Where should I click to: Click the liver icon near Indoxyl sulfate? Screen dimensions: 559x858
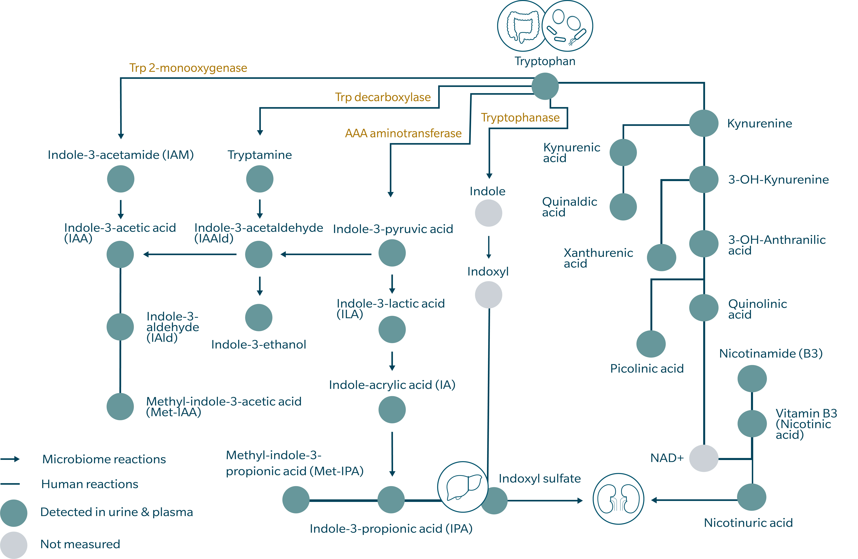click(463, 487)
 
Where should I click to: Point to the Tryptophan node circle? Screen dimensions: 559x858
click(545, 86)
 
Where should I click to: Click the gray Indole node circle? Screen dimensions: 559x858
click(488, 213)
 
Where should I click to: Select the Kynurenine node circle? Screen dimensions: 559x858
click(704, 123)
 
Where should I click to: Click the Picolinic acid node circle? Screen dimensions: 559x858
click(651, 344)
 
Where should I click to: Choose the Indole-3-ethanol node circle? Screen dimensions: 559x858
click(258, 318)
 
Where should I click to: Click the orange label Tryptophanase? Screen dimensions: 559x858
click(520, 118)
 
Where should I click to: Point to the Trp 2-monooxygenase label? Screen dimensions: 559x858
click(188, 68)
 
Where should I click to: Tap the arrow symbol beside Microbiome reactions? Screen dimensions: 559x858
click(10, 459)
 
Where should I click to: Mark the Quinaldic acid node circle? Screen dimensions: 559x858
click(623, 207)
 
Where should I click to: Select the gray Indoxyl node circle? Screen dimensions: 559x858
click(488, 295)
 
